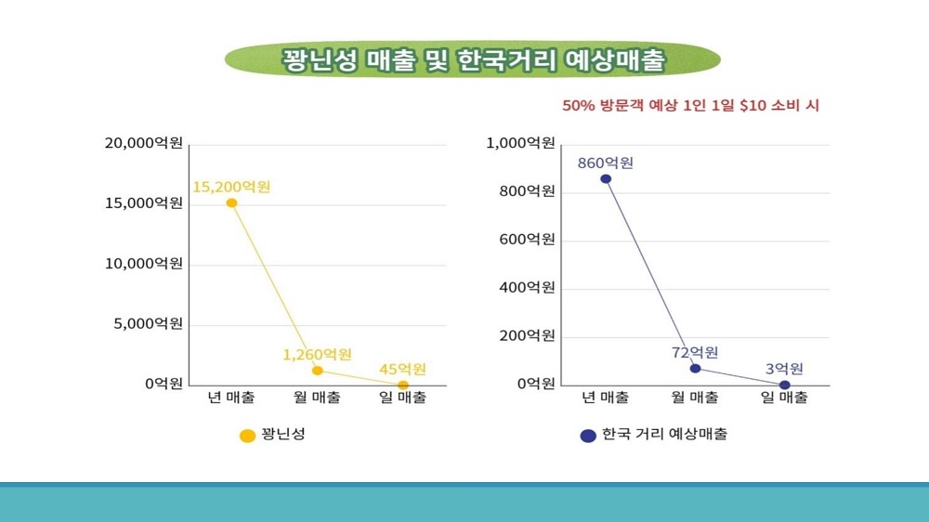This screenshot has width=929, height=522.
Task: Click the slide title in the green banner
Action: coord(473,60)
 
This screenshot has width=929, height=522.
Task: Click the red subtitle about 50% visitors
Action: coord(690,106)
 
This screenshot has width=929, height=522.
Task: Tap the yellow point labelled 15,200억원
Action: coord(231,202)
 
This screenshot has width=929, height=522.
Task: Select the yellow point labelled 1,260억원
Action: coord(318,371)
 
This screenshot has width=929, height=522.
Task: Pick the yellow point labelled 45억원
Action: coord(403,385)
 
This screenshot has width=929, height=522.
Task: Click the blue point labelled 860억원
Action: coord(606,178)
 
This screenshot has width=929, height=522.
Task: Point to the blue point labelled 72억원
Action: coord(695,368)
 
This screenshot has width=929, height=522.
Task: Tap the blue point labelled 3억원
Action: coord(784,385)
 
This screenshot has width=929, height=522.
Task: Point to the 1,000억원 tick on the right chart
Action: coord(521,143)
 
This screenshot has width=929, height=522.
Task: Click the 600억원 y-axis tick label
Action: coord(528,240)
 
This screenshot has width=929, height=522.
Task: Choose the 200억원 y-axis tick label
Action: coord(528,335)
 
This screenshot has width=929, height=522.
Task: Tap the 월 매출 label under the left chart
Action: coord(317,398)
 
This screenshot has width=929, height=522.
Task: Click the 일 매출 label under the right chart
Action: coord(784,398)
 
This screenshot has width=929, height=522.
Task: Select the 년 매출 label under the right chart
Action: coord(606,398)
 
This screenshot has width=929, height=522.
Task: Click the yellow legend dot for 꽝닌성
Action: coord(247,435)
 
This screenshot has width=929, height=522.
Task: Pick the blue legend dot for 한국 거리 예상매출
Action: coord(587,435)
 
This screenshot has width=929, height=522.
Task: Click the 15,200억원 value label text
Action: coord(231,187)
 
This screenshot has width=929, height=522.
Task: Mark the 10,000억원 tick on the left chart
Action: coord(144,264)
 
